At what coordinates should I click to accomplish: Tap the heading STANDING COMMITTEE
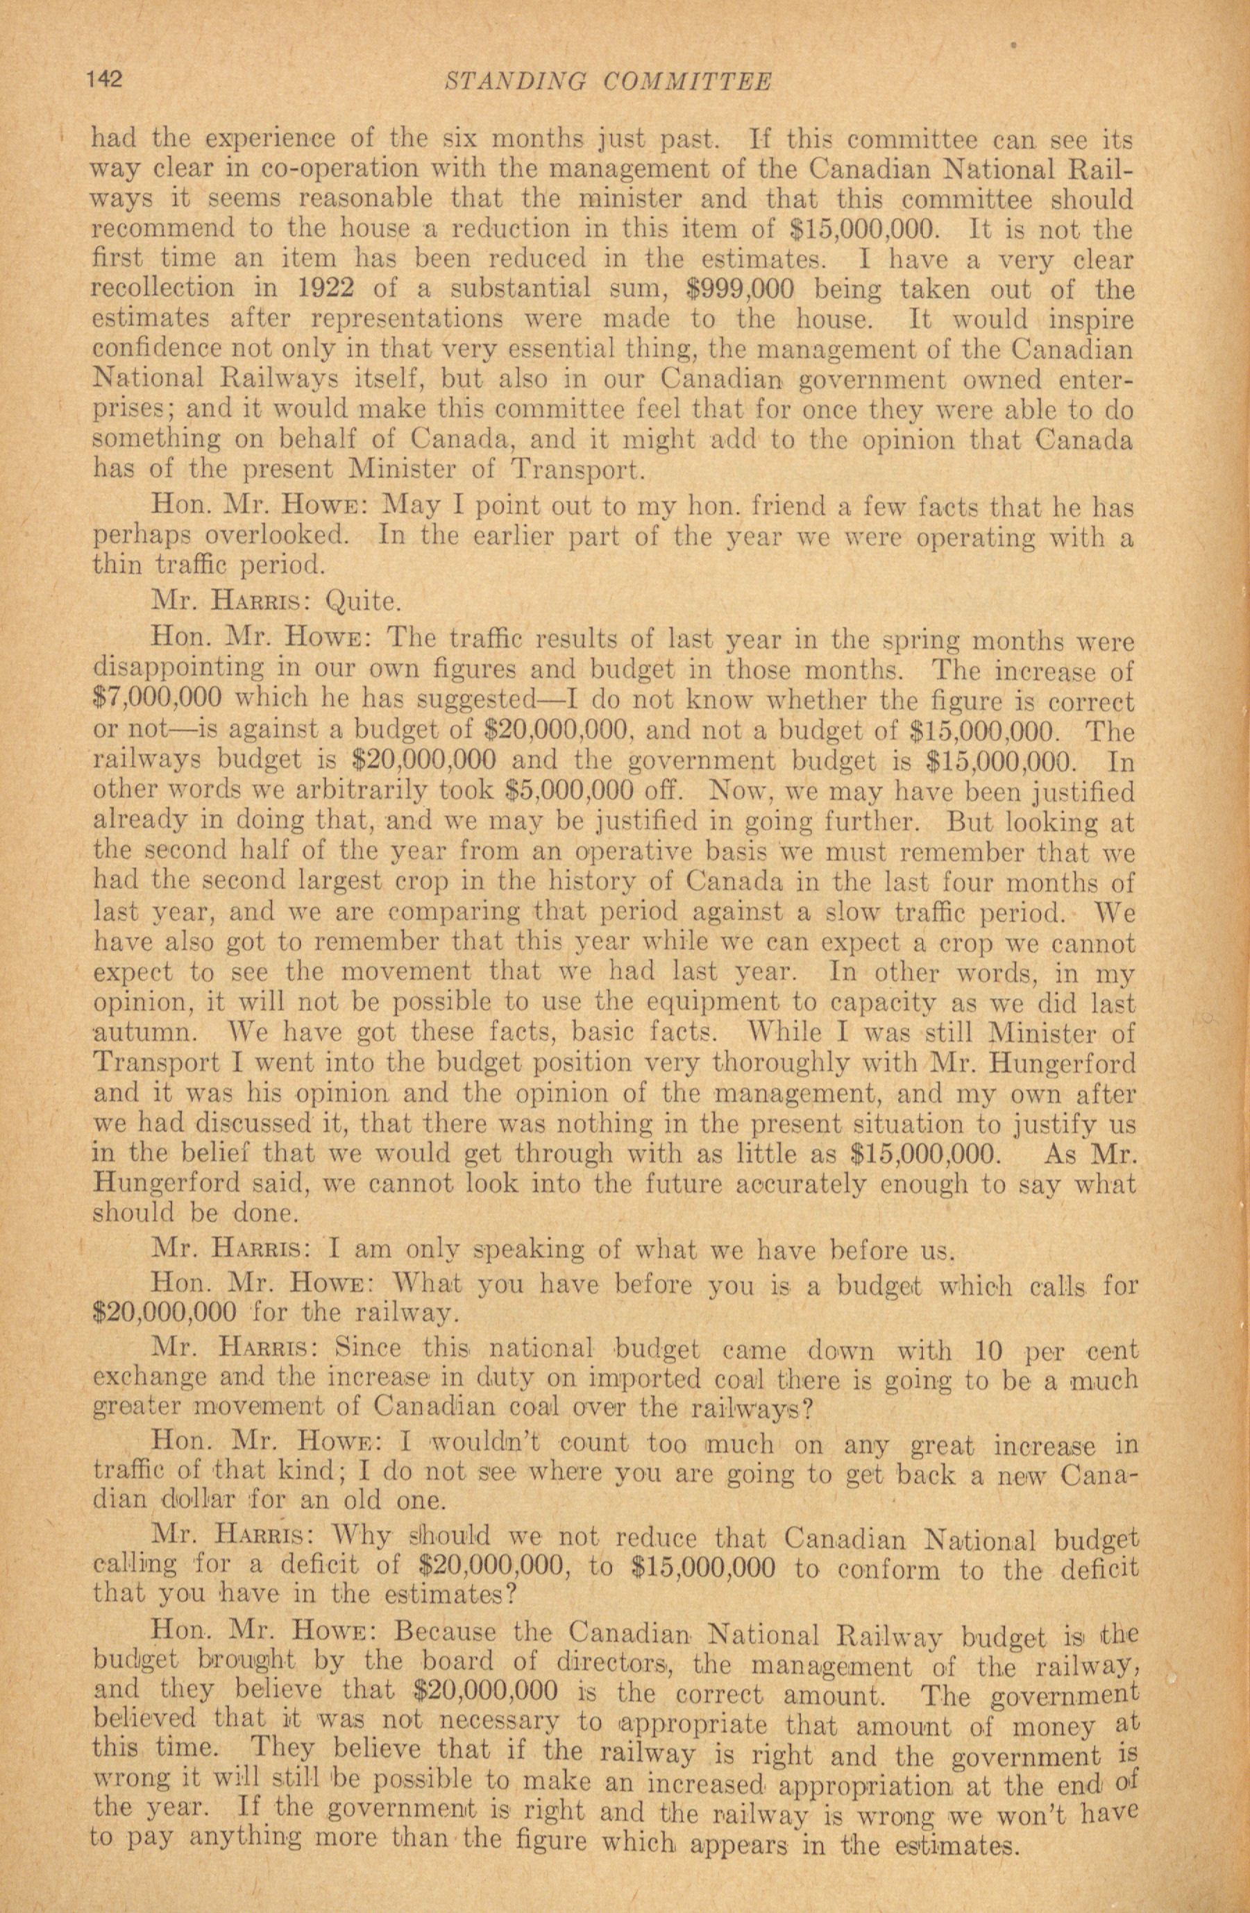[609, 81]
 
